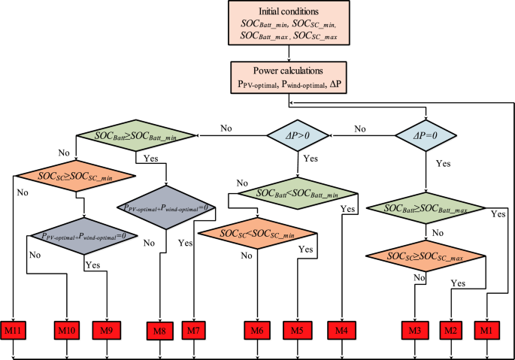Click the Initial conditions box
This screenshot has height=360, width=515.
coord(287,28)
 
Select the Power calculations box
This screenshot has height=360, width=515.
coord(287,79)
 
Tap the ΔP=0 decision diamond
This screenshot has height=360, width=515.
coord(426,136)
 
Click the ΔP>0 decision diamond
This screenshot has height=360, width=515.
coord(300,136)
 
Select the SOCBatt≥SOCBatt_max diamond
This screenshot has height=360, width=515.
coord(425,207)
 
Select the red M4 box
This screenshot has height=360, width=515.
coord(342,330)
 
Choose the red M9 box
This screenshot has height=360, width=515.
coord(108,330)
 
